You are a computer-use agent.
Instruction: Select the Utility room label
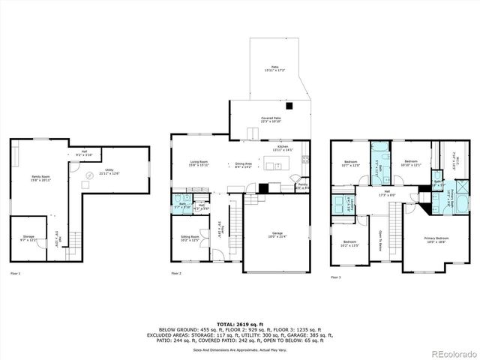pyautogui.click(x=109, y=172)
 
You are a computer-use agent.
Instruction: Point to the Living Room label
pyautogui.click(x=198, y=163)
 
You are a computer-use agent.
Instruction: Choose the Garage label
pyautogui.click(x=277, y=235)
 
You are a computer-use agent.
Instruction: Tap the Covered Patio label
pyautogui.click(x=271, y=120)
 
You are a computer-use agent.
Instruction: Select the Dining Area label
pyautogui.click(x=242, y=165)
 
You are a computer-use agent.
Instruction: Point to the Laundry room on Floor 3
pyautogui.click(x=346, y=202)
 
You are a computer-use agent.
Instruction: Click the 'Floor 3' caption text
pyautogui.click(x=335, y=277)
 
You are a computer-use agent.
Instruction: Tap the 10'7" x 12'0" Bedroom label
pyautogui.click(x=352, y=163)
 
